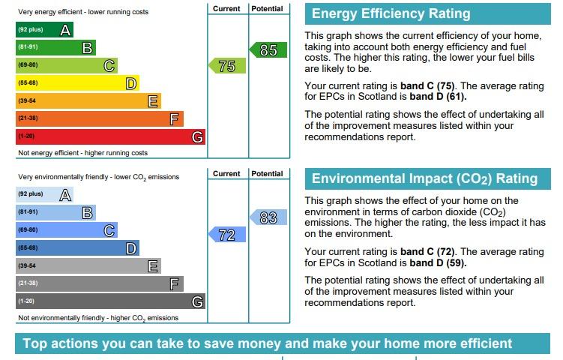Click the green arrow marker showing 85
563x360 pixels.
(268, 50)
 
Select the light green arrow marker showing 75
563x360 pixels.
(227, 66)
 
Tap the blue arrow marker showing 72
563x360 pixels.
(227, 235)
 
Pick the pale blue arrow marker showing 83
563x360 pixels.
(268, 217)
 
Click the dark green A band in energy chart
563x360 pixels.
(44, 30)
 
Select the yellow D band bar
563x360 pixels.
(77, 83)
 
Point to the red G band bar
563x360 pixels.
(111, 137)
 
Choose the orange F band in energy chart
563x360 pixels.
(100, 118)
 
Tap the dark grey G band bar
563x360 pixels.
(111, 301)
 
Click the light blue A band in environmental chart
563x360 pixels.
(44, 194)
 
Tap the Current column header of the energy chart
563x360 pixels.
(226, 8)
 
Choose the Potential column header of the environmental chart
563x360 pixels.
(267, 173)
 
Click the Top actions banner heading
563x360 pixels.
(268, 343)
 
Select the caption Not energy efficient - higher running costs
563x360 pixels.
(83, 153)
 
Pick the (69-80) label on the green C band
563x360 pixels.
(28, 65)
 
